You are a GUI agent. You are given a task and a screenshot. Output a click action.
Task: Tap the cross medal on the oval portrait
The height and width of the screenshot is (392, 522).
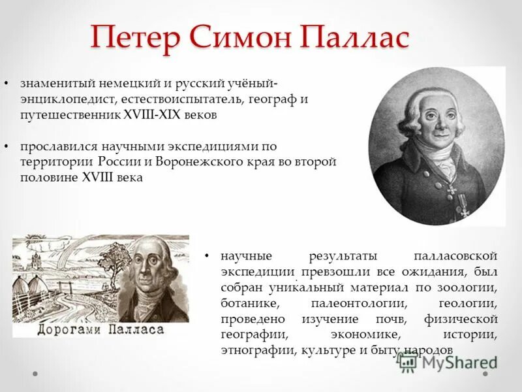451,190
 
